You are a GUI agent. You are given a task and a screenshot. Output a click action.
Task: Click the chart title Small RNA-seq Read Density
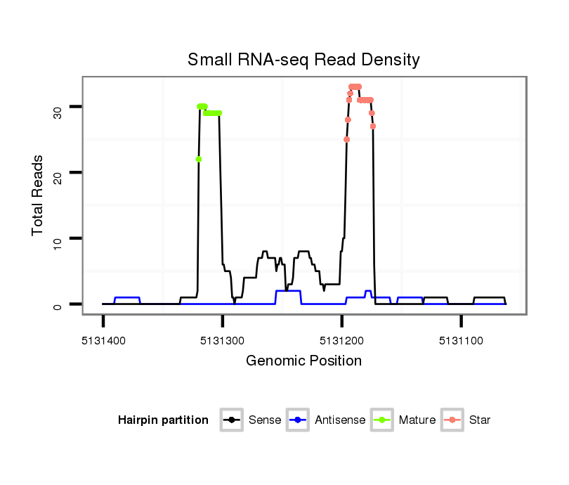point(303,60)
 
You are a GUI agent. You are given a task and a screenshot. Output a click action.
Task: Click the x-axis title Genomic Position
point(303,361)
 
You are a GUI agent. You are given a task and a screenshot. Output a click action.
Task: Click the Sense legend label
point(265,420)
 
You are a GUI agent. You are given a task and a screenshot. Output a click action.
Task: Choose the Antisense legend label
point(340,420)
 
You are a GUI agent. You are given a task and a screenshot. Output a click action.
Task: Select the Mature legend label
point(417,420)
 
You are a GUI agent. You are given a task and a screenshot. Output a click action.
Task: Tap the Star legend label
point(480,420)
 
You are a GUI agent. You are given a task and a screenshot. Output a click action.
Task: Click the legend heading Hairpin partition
point(163,420)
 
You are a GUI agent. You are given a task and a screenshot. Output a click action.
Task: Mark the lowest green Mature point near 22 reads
point(199,159)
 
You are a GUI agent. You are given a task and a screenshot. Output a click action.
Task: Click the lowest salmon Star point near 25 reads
point(346,139)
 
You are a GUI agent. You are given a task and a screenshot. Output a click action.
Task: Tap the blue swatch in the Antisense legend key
point(299,420)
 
